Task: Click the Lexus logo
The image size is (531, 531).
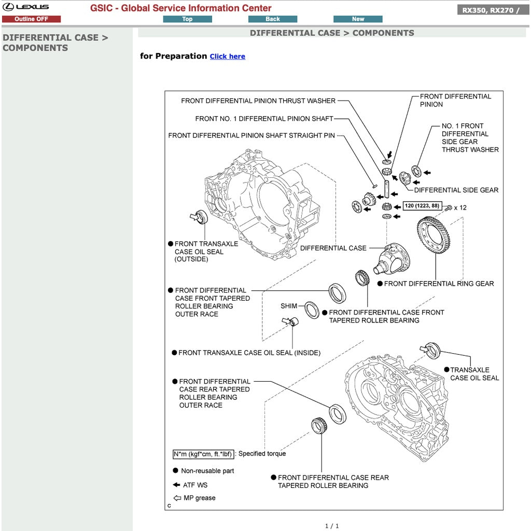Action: coord(26,7)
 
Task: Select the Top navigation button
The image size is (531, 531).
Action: coord(187,19)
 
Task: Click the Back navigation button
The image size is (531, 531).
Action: coord(273,19)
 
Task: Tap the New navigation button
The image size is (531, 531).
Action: coord(358,19)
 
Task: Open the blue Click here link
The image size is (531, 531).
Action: coord(227,57)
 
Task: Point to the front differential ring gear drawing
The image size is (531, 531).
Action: coord(434,235)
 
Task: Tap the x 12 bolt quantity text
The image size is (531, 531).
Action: coord(460,208)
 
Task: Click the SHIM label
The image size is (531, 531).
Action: coord(289,306)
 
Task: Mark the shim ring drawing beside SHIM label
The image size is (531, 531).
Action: coord(312,310)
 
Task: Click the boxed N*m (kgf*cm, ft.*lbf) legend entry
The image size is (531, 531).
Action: coord(203,454)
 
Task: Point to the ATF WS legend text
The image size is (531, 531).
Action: coord(195,485)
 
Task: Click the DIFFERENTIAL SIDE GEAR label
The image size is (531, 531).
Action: coord(456,190)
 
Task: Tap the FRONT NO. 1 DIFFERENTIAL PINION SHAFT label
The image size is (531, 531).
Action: coord(264,119)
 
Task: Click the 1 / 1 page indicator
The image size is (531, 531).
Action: coord(332,526)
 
